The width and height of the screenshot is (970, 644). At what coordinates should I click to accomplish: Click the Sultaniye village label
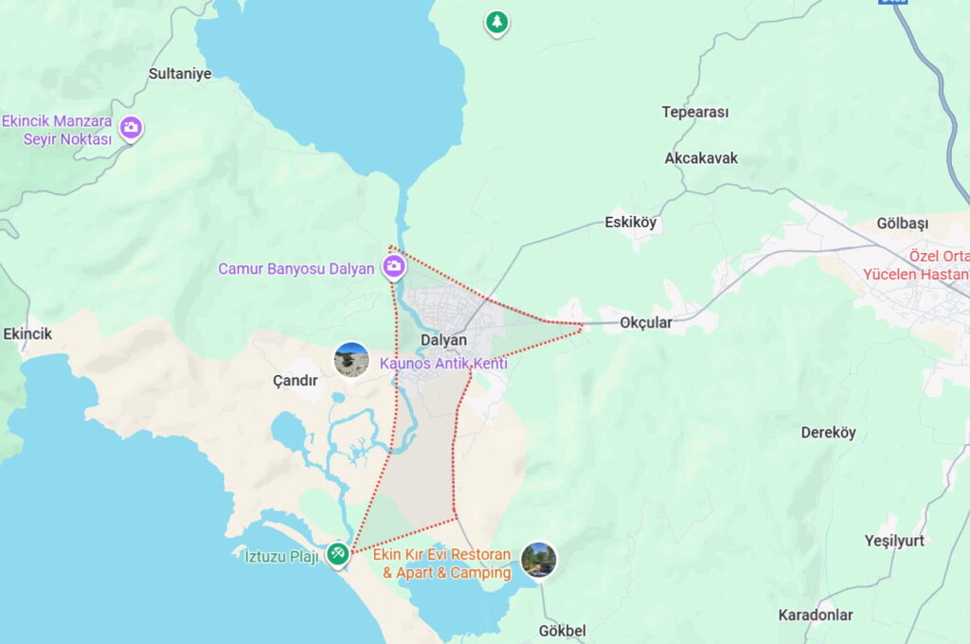tap(180, 73)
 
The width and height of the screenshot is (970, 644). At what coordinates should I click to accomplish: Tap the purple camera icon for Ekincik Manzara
tap(131, 127)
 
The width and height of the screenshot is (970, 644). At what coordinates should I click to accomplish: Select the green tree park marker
tap(496, 22)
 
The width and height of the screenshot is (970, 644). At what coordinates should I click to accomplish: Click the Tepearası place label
tap(695, 112)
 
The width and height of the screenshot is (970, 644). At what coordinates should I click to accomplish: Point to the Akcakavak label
tap(701, 158)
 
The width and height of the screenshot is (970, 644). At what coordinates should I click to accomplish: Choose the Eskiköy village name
tap(630, 224)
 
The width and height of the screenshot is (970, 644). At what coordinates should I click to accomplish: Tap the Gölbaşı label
tap(903, 224)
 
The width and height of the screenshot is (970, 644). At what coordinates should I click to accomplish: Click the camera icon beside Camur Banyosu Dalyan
tap(394, 267)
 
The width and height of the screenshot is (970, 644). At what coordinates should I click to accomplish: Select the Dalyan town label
tap(444, 340)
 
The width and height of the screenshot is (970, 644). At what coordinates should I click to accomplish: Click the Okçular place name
tap(646, 322)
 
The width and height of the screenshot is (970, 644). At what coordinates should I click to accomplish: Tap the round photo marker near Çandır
tap(351, 360)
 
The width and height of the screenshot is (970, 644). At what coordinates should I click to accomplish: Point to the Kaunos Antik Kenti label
tap(443, 364)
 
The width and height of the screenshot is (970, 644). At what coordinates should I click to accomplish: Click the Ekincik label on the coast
tap(27, 334)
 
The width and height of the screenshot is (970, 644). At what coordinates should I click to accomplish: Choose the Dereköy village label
tap(828, 433)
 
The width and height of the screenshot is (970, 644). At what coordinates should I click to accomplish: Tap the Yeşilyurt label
tap(893, 541)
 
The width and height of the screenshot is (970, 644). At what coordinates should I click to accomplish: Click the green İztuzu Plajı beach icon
tap(337, 554)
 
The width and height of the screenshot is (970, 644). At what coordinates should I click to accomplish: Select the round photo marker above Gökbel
tap(538, 559)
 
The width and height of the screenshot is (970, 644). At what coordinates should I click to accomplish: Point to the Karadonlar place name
tap(816, 615)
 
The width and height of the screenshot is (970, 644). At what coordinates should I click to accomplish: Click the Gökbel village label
tap(562, 631)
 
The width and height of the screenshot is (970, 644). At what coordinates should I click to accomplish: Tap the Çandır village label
tap(295, 381)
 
